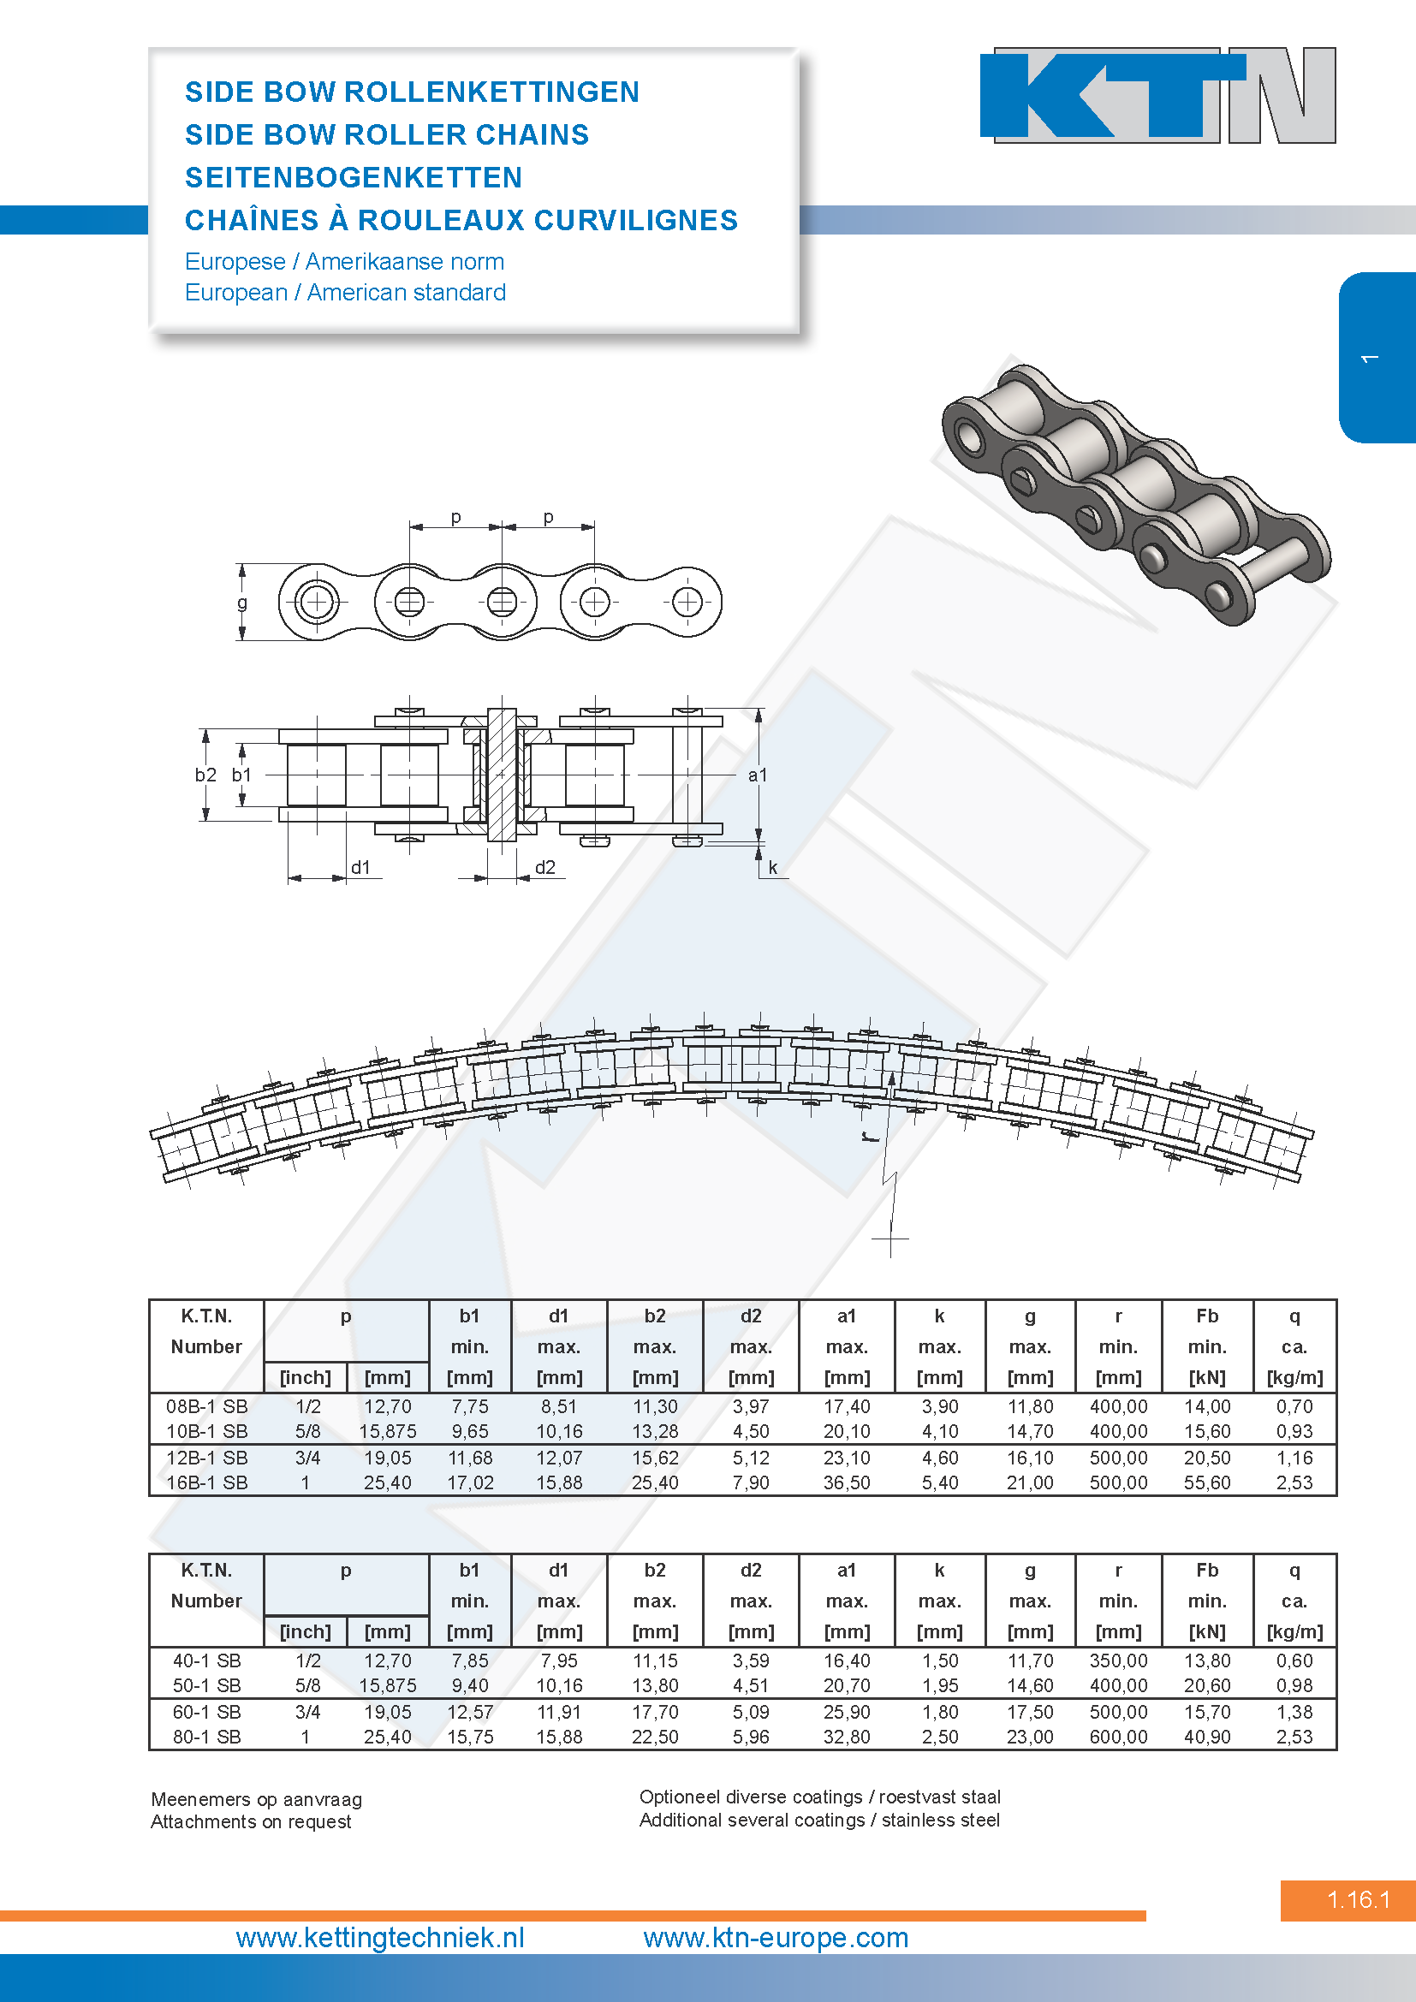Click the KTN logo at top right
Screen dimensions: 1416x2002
click(1157, 95)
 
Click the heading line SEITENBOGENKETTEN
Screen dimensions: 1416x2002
click(353, 178)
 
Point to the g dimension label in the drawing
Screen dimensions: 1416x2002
click(242, 602)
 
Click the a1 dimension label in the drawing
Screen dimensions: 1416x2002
click(758, 775)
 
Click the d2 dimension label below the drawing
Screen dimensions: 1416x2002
click(545, 867)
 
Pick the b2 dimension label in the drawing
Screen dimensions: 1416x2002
click(205, 775)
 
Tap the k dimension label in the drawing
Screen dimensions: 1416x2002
click(772, 868)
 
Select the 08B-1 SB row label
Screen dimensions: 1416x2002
click(206, 1406)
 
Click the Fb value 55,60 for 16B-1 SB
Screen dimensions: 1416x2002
click(1207, 1482)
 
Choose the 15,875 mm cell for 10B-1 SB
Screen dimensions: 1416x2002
click(387, 1432)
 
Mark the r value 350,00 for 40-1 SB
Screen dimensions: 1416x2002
click(1118, 1661)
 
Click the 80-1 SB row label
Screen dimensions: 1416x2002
click(206, 1737)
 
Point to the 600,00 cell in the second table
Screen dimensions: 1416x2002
click(1118, 1737)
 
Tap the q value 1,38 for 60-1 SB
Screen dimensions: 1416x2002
click(1294, 1712)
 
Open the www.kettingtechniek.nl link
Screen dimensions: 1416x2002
click(380, 1938)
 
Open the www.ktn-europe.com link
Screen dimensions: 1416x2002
click(776, 1938)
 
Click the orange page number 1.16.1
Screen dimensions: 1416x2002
click(1359, 1899)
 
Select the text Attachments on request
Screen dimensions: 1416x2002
click(251, 1821)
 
